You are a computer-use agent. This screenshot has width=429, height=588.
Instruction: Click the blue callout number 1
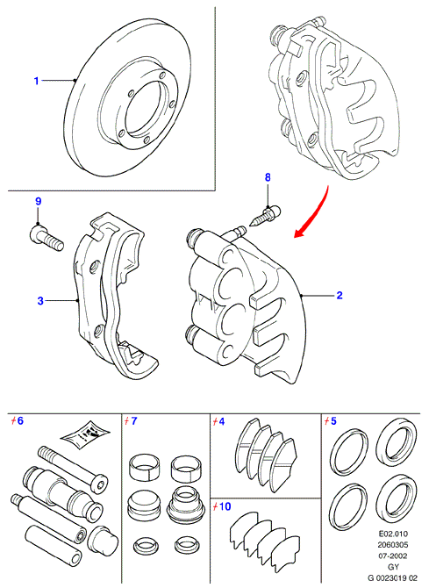click(36, 81)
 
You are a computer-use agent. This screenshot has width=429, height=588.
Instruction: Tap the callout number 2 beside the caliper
click(340, 295)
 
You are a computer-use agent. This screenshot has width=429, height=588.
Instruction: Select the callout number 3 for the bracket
click(40, 300)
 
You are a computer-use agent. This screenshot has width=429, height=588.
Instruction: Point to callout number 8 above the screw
click(268, 177)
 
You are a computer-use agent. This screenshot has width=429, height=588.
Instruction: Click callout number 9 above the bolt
click(39, 201)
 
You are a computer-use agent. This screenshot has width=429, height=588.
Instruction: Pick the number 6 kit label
click(20, 420)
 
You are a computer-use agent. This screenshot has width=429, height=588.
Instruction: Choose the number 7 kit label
click(134, 420)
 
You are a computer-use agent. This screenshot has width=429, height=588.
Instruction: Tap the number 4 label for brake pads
click(221, 421)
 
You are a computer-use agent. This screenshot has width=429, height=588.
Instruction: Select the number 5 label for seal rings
click(333, 420)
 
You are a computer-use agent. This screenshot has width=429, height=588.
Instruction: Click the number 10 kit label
click(225, 506)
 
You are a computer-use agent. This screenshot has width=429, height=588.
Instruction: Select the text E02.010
click(393, 534)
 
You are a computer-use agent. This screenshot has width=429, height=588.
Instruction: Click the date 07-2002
click(393, 556)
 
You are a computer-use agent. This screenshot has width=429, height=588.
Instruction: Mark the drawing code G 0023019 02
click(392, 578)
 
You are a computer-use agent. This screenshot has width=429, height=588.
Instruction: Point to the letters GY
click(393, 567)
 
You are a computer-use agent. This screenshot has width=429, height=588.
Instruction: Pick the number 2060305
click(393, 545)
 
